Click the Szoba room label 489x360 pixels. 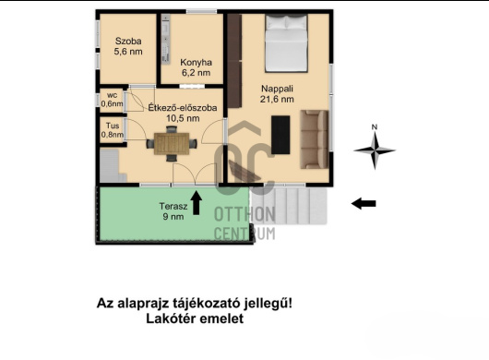click(128, 41)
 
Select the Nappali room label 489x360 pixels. click(277, 88)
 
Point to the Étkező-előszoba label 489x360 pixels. click(183, 108)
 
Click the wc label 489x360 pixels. click(111, 93)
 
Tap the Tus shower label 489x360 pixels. click(111, 126)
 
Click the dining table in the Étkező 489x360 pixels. click(172, 144)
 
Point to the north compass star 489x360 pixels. click(374, 148)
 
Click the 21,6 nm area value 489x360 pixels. click(277, 99)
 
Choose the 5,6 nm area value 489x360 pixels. click(128, 53)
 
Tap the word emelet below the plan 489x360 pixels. click(222, 319)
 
